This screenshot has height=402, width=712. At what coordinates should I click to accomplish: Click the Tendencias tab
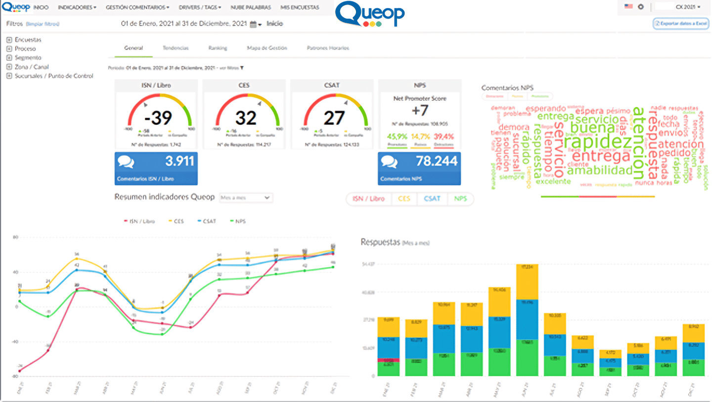176,48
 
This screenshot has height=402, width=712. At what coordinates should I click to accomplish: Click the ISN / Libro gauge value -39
158,118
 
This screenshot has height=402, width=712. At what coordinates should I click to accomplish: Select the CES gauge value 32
246,118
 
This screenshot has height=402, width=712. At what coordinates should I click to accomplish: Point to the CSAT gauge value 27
334,118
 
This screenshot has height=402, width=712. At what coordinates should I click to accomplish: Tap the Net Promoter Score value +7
419,110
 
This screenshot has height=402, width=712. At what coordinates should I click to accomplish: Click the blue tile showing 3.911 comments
156,168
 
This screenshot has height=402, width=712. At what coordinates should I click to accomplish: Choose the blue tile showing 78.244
419,168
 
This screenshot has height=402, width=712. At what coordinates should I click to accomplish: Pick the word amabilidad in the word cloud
600,171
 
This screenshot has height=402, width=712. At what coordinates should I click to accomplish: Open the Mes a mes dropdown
246,197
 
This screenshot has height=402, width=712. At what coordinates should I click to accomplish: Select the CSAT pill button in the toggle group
432,199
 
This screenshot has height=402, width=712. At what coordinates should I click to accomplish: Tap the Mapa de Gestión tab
267,48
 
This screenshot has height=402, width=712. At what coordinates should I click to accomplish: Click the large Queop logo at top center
369,14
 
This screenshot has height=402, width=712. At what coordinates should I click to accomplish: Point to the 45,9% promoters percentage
397,136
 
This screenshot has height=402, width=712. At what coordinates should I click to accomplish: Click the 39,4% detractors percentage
444,136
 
